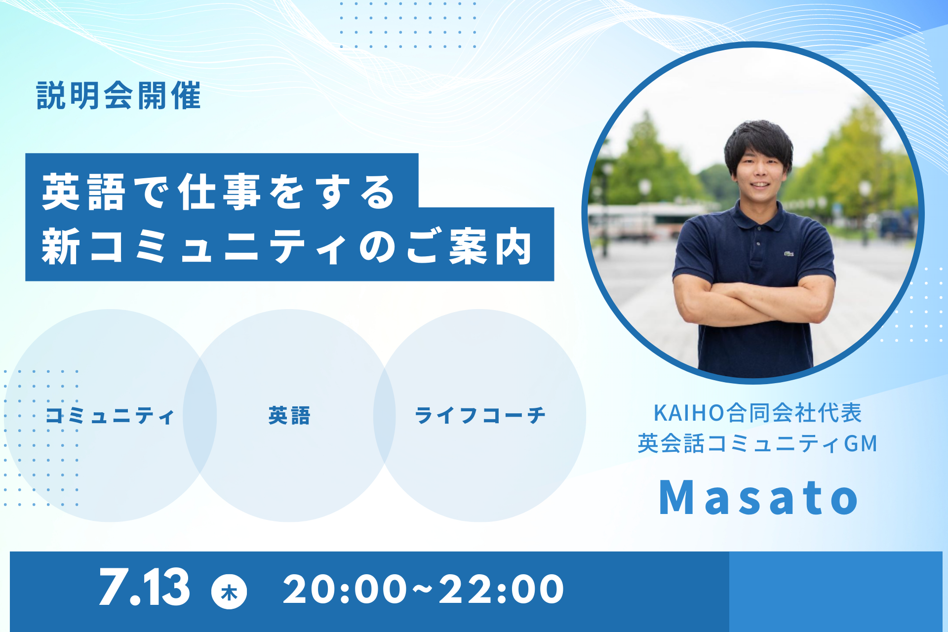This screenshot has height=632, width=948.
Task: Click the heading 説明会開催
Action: (118, 95)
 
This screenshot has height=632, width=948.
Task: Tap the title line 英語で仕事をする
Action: (219, 192)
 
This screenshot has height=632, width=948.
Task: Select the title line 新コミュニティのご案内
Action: (287, 246)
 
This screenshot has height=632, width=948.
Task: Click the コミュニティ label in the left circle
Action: (110, 416)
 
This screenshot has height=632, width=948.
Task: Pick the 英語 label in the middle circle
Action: (289, 416)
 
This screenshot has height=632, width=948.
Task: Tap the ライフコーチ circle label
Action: (480, 416)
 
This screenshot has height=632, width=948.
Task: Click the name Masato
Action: (759, 497)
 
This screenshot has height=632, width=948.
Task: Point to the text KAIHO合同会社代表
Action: (758, 413)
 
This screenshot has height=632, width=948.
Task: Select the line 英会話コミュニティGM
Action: (758, 443)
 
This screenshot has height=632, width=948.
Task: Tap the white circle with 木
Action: (229, 591)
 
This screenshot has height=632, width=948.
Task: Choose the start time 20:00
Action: (345, 589)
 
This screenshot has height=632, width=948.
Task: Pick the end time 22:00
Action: (501, 589)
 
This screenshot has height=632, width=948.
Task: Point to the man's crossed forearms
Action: (754, 301)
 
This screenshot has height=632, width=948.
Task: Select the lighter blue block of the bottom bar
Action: (835, 592)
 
